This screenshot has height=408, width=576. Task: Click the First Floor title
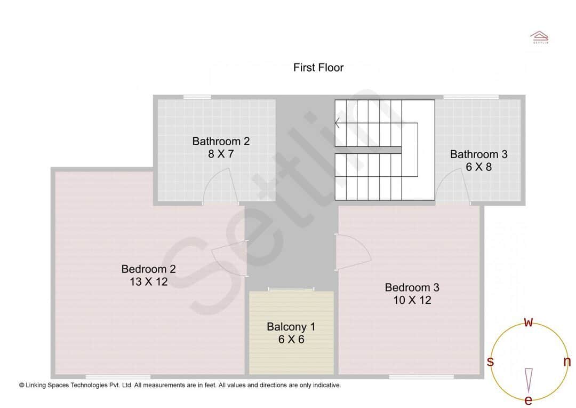pos(318,68)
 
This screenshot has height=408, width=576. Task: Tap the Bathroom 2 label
pos(221,142)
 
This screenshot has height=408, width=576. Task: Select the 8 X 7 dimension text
pos(221,154)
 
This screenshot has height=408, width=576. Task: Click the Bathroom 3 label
pos(478,154)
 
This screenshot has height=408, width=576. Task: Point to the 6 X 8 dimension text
pos(478,167)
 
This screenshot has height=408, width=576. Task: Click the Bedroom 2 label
pos(148,269)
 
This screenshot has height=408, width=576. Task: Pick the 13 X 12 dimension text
pos(148,281)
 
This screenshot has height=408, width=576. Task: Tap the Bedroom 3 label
pos(412,288)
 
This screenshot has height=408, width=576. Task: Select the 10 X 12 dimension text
pos(412,300)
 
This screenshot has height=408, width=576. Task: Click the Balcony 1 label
pos(291,327)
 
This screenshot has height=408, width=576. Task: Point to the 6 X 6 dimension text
pos(291,339)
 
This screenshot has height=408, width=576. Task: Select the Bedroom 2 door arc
pos(227,259)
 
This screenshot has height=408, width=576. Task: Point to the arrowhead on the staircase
pos(337,124)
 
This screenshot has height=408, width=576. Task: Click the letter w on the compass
pos(529,321)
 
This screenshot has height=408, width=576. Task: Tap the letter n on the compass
pos(567,362)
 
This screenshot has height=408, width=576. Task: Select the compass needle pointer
pos(529,380)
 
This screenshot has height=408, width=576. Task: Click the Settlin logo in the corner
pos(539,37)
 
